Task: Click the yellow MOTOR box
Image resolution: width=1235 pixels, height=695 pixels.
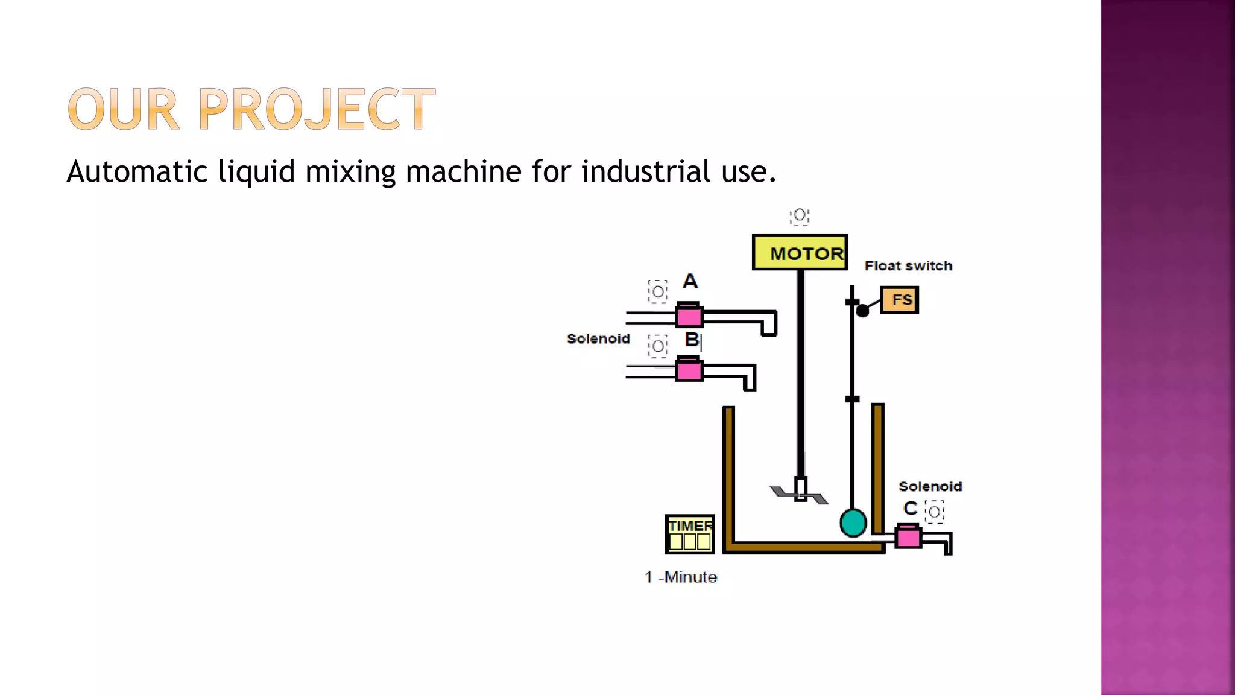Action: tap(800, 253)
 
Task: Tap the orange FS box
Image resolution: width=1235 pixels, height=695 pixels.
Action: tap(899, 300)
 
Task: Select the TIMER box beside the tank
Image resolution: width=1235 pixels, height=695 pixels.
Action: tap(690, 534)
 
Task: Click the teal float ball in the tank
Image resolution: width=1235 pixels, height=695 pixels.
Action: tap(853, 522)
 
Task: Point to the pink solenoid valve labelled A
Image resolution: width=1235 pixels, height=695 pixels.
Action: tap(689, 315)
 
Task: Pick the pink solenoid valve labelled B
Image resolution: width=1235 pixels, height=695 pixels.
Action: tap(689, 369)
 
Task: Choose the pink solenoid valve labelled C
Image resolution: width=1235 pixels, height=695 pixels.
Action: tap(908, 536)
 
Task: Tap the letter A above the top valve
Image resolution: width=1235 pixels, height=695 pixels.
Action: tap(690, 281)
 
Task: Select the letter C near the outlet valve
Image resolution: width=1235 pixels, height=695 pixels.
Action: tap(910, 509)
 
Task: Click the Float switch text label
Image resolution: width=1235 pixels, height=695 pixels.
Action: tap(908, 266)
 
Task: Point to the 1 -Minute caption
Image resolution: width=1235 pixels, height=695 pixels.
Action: tap(680, 577)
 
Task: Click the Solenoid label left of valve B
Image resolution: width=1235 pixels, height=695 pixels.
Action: tap(598, 339)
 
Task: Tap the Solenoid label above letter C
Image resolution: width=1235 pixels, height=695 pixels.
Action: tap(930, 487)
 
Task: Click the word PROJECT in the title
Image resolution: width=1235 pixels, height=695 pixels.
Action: tap(317, 109)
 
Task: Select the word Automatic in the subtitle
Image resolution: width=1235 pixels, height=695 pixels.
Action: tap(137, 171)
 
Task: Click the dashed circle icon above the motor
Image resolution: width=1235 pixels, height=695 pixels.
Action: tap(800, 215)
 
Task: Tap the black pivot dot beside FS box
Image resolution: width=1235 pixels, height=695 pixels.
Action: tap(862, 311)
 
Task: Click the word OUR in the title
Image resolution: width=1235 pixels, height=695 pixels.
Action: tap(124, 109)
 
